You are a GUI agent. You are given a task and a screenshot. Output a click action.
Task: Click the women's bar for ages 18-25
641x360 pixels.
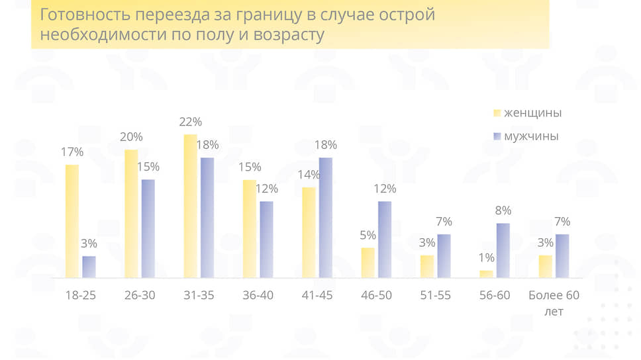pos(72,221)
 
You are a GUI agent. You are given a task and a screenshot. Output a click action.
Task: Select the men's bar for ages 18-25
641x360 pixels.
pos(89,267)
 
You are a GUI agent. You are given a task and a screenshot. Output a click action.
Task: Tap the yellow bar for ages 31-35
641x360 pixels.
pos(190,206)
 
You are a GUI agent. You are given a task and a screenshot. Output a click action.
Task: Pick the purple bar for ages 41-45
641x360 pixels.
pos(325,218)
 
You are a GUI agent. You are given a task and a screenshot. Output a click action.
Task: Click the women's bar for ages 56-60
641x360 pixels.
pos(486,274)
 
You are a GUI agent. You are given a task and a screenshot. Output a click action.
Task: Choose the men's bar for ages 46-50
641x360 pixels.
pos(385,240)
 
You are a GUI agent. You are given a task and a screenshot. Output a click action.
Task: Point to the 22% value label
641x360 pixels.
pos(190,122)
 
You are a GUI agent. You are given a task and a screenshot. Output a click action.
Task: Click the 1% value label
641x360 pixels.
pos(487,257)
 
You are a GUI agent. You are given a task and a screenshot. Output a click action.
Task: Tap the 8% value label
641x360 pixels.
pos(503,211)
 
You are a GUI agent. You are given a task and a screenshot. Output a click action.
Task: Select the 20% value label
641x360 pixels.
pos(131,137)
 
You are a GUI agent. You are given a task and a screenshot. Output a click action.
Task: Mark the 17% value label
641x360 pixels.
pos(72,152)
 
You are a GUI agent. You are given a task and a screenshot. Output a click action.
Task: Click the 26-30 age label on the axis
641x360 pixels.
pos(139,295)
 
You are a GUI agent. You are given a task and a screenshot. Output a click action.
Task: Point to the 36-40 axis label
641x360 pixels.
pos(258,295)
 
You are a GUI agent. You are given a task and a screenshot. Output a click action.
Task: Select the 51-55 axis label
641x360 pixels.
pos(435,295)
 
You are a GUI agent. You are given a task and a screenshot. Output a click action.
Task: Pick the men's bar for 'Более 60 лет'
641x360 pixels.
pos(562,256)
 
